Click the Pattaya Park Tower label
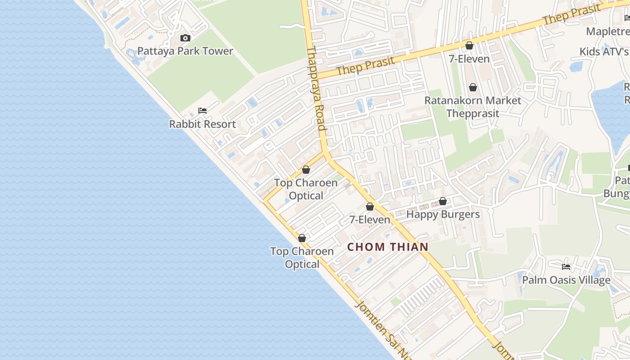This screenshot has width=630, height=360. coord(185,51)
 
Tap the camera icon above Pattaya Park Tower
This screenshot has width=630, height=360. coord(185,38)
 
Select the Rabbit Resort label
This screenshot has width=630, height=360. coord(202,124)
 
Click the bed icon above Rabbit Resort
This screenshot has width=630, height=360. coord(202,111)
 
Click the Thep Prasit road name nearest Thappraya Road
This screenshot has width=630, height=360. coord(365,66)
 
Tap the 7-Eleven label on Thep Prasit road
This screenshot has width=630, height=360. coord(469,59)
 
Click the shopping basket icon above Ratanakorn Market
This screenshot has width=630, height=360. coord(472,87)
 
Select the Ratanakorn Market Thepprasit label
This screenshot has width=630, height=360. coord(472,107)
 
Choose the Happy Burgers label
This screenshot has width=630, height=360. coord(443,214)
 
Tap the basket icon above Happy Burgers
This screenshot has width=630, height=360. coord(443,201)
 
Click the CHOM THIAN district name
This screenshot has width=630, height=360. coord(388,247)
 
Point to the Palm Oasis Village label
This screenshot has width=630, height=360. coord(566,280)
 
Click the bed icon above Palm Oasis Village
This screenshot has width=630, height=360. coord(566,267)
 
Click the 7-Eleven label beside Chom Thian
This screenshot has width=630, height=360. coord(370,220)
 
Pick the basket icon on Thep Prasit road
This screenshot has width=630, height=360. coord(469,45)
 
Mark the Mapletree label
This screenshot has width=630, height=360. coord(607,31)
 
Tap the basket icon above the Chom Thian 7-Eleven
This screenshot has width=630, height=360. coord(370,207)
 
